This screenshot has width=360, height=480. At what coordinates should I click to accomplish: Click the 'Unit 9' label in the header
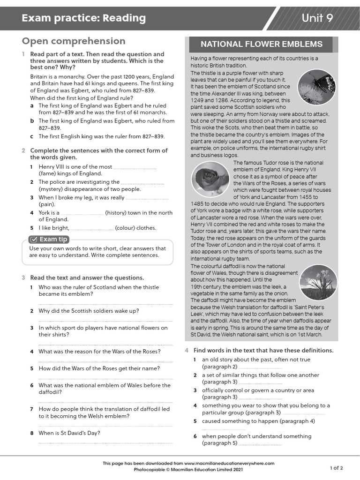coord(317,18)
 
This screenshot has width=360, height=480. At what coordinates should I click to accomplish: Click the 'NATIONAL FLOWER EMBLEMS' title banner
coord(261,45)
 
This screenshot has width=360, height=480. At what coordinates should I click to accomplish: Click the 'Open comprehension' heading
coord(74,41)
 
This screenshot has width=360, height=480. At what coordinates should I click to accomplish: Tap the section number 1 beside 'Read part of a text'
coord(23,54)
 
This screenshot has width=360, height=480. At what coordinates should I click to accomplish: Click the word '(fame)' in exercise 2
coord(48,173)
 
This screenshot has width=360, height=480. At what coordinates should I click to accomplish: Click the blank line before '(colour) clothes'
coord(92,229)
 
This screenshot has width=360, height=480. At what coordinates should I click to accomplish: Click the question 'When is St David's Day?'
coord(69,433)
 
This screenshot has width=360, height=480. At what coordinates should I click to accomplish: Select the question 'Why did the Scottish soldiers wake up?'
coord(89,311)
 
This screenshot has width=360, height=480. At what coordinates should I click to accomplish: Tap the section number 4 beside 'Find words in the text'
coord(187,351)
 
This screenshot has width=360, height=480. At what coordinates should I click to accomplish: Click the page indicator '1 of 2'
coord(336,468)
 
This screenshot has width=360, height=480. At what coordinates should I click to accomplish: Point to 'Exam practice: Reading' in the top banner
coord(83,18)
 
